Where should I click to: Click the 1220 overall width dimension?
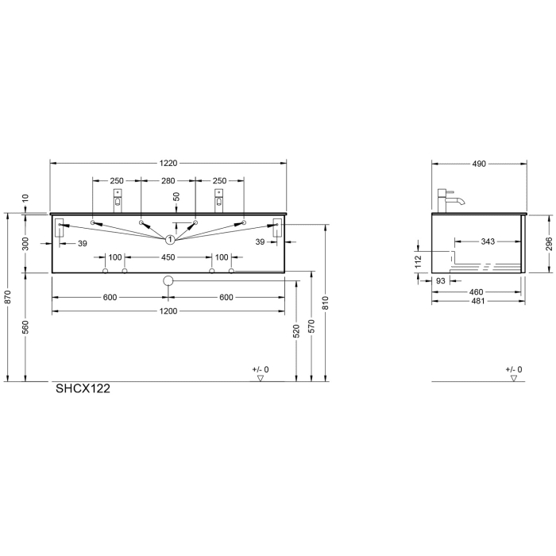click(168, 164)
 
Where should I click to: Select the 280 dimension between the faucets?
click(168, 181)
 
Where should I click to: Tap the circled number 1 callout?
click(169, 239)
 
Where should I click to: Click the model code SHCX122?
click(82, 389)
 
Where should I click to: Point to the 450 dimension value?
click(168, 257)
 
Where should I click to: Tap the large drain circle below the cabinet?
click(168, 281)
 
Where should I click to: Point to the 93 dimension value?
click(441, 281)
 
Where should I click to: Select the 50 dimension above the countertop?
click(176, 196)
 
